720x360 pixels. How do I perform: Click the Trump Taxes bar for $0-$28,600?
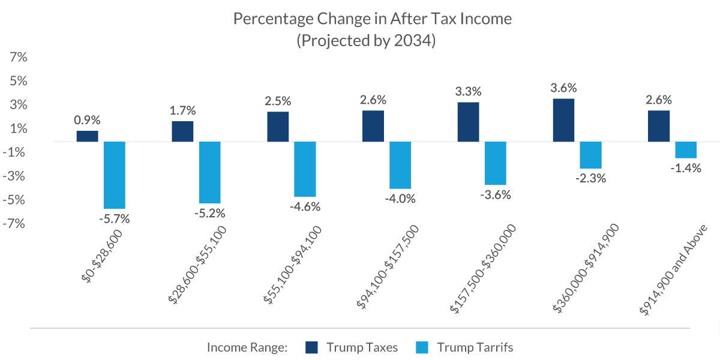88,136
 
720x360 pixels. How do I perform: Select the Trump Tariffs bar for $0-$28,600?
115,175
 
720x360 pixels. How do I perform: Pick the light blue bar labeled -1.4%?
686,150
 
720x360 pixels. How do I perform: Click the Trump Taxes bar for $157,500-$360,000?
468,122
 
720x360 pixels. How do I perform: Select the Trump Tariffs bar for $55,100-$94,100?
305,169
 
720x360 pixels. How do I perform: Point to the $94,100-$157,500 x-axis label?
388,266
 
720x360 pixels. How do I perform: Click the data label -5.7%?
114,219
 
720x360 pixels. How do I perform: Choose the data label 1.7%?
182,110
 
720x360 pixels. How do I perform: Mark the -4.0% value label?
400,199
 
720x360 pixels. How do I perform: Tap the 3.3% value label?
468,92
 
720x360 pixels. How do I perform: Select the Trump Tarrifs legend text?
475,347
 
